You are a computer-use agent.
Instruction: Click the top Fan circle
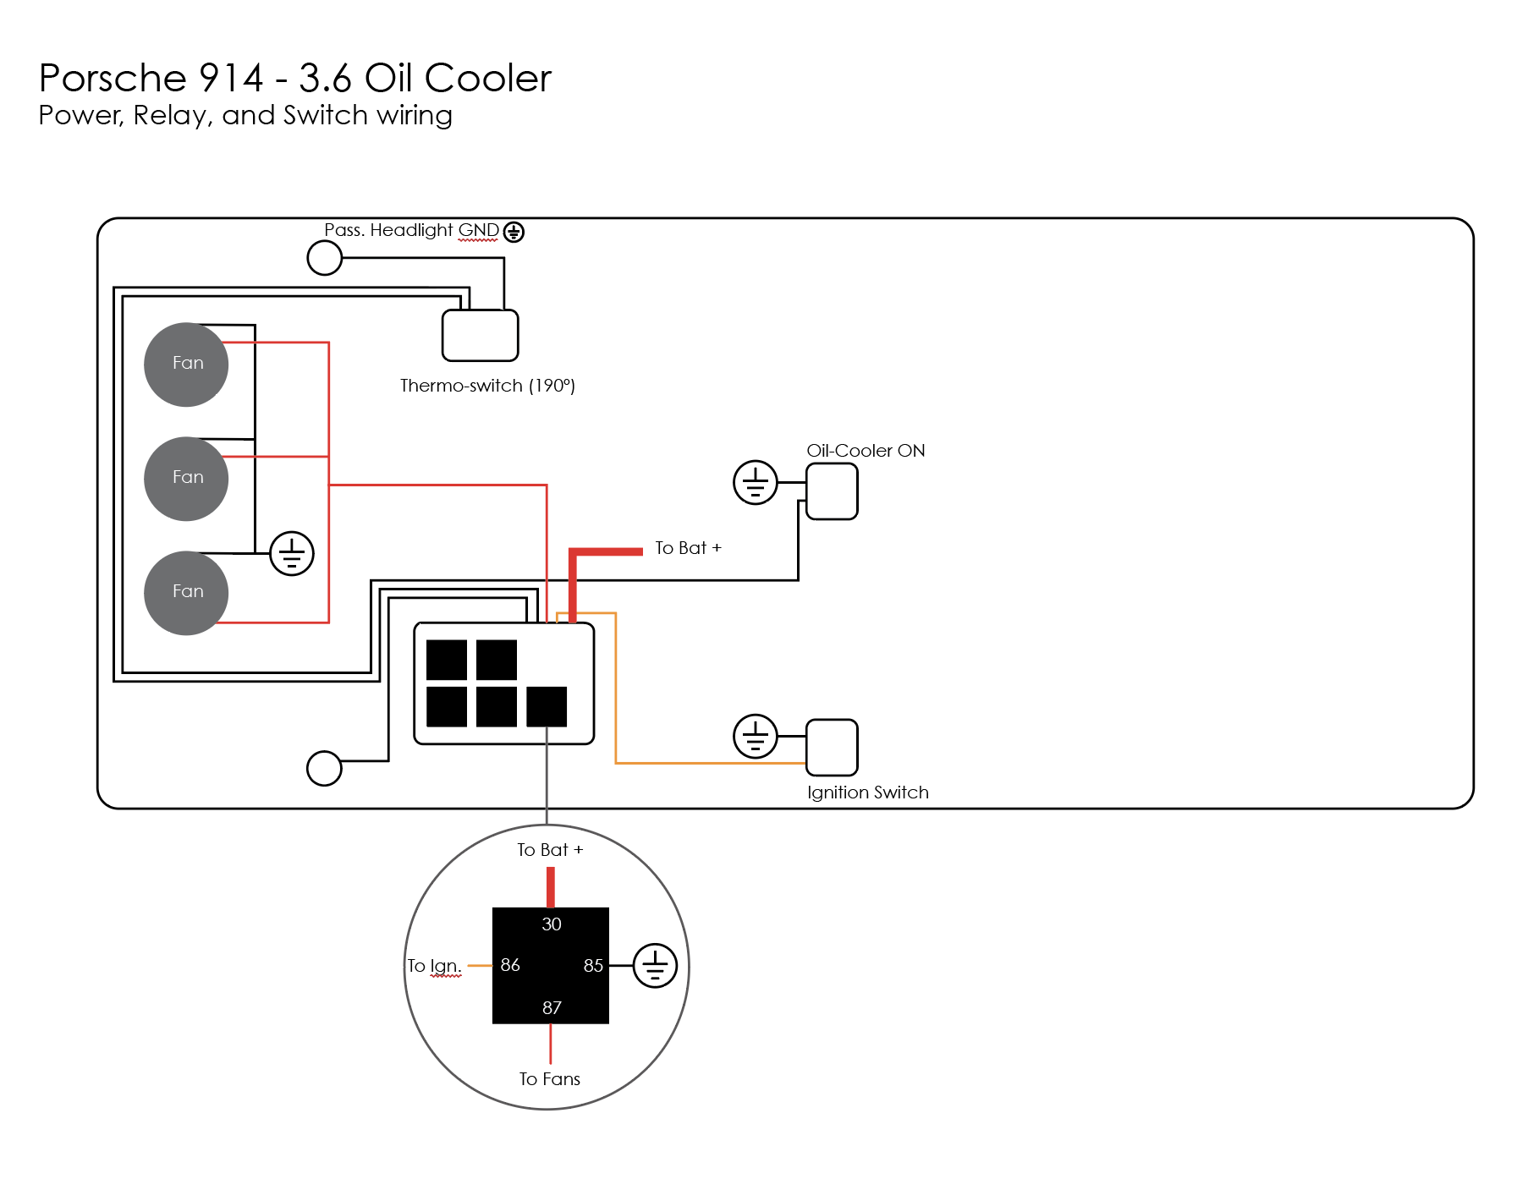pyautogui.click(x=186, y=365)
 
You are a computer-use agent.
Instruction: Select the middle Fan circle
pyautogui.click(x=186, y=479)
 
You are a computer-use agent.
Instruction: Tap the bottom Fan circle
pyautogui.click(x=186, y=593)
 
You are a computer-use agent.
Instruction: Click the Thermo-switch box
pyautogui.click(x=480, y=336)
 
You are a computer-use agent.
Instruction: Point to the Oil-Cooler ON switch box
pyautogui.click(x=832, y=491)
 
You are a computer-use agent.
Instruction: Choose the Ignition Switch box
pyautogui.click(x=832, y=747)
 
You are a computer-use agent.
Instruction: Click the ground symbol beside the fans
pyautogui.click(x=292, y=554)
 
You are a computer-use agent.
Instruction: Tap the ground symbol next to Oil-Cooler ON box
pyautogui.click(x=755, y=483)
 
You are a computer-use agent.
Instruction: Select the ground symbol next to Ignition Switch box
pyautogui.click(x=755, y=736)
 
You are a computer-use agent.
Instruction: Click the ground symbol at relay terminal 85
pyautogui.click(x=655, y=966)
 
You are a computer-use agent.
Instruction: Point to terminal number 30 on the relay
pyautogui.click(x=552, y=924)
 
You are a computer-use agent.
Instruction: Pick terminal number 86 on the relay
pyautogui.click(x=510, y=965)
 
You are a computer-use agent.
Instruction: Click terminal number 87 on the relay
pyautogui.click(x=552, y=1007)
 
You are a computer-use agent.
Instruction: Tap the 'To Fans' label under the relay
pyautogui.click(x=550, y=1079)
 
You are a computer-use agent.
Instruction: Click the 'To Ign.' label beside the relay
pyautogui.click(x=434, y=966)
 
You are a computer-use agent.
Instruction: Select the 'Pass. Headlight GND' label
pyautogui.click(x=412, y=230)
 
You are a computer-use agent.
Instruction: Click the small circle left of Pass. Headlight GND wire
pyautogui.click(x=324, y=258)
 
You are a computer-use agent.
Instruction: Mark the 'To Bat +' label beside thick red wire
pyautogui.click(x=688, y=548)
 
